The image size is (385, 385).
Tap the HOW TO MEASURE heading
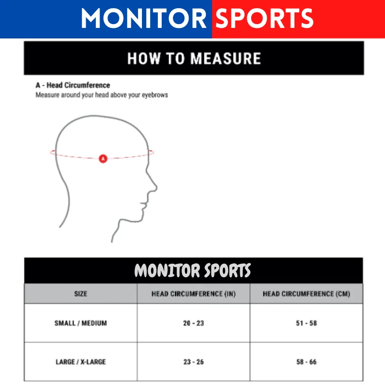(x=194, y=59)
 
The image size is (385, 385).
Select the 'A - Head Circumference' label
(x=73, y=85)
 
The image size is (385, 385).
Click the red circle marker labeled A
(x=103, y=158)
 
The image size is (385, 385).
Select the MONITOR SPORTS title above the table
(x=193, y=270)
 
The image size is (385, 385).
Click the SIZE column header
(x=81, y=294)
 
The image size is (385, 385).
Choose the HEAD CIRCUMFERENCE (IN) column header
(x=193, y=294)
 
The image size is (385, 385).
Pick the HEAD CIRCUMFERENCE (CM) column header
(x=306, y=294)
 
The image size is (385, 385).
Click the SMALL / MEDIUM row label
(x=81, y=323)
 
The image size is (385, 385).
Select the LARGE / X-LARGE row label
(x=81, y=362)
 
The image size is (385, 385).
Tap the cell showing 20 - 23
(x=193, y=323)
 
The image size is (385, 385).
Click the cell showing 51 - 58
(x=306, y=323)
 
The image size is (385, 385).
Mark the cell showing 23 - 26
(x=193, y=362)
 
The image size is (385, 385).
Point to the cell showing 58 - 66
(x=306, y=362)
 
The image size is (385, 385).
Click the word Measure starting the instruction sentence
(x=47, y=95)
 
